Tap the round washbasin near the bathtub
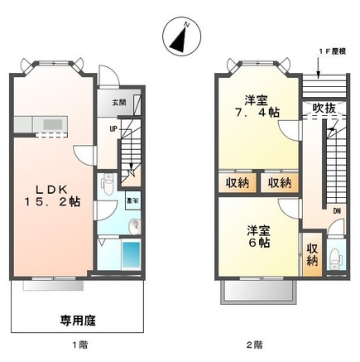pos(134,226)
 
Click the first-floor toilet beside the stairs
pos(105,185)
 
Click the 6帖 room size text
pos(258,243)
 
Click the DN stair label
pos(337,211)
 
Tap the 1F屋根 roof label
pos(330,51)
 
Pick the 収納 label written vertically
pos(311,254)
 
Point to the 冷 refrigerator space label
pos(132,199)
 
